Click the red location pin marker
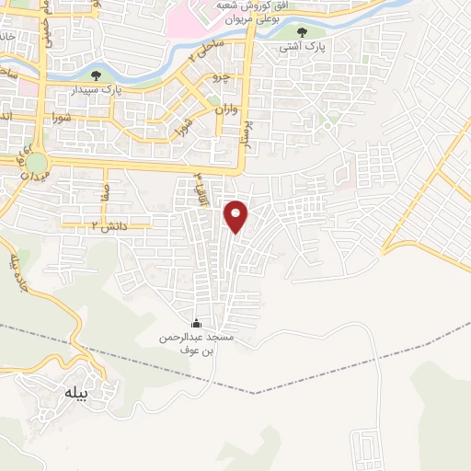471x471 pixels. point(237,216)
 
